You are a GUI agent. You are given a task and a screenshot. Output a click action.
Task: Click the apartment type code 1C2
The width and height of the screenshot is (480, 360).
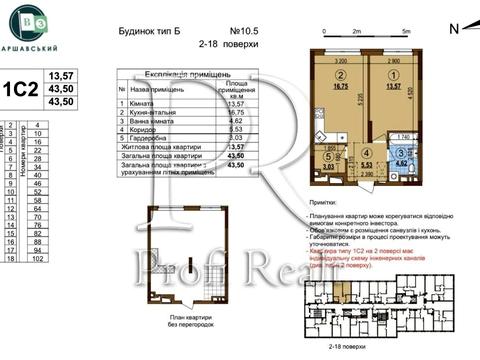17,88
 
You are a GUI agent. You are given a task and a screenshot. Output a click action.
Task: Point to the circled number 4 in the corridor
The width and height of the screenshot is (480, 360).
366,153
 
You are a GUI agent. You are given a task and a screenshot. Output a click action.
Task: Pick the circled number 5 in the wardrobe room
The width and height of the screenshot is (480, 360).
328,157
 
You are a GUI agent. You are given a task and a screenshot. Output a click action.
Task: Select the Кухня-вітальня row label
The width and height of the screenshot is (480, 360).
150,114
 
